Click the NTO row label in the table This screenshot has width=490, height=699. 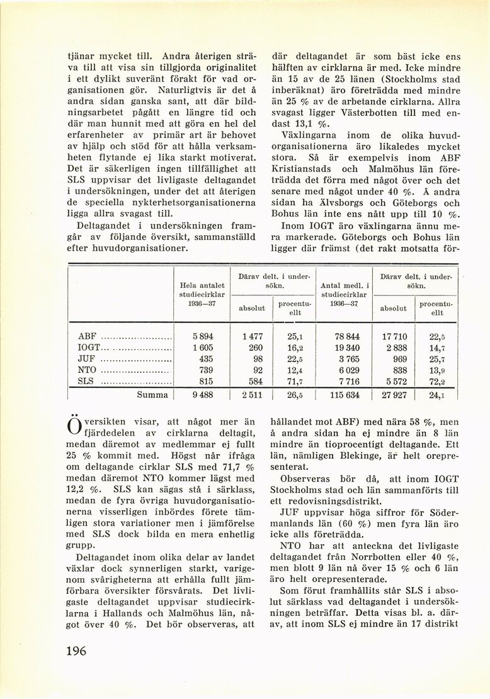click(85, 370)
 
